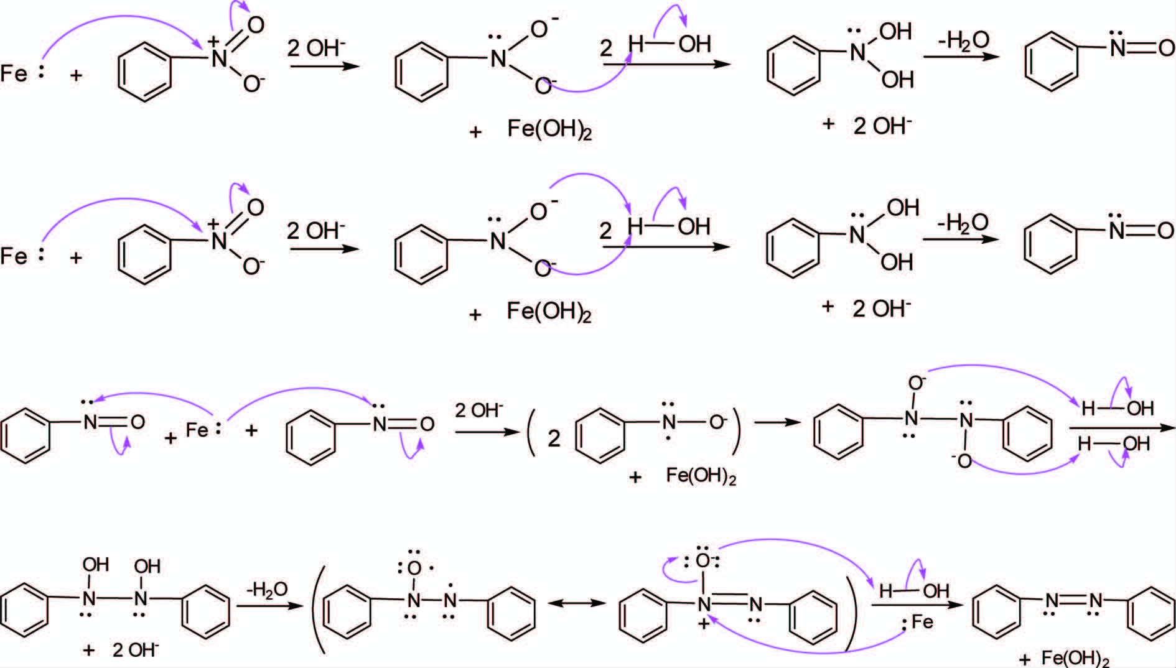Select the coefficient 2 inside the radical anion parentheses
click(553, 439)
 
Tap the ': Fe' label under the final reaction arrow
click(918, 623)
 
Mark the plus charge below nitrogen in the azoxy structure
click(704, 624)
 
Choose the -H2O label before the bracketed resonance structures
click(267, 588)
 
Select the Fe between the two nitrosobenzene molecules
click(198, 430)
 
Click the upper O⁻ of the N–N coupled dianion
click(917, 383)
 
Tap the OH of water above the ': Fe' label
click(936, 591)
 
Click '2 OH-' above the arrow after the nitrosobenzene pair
click(479, 411)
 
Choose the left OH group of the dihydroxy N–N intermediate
click(95, 565)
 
